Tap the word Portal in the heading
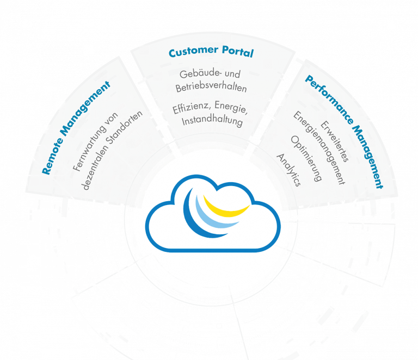[x=238, y=51]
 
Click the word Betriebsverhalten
[x=211, y=88]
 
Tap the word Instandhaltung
[x=212, y=121]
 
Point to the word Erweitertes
[x=334, y=141]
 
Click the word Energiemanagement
[x=319, y=148]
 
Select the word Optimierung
[x=306, y=158]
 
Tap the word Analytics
[x=288, y=170]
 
